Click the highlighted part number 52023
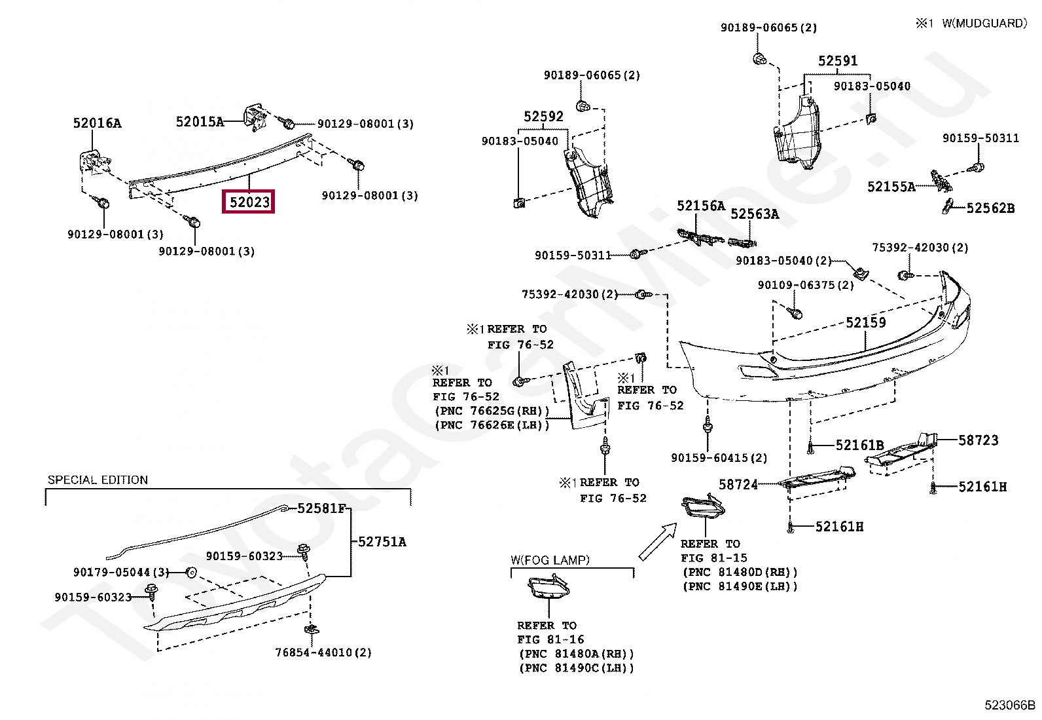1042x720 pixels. [249, 202]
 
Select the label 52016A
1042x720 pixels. [98, 123]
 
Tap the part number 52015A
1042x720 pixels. [200, 122]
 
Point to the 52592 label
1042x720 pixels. [543, 116]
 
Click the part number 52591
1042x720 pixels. [838, 60]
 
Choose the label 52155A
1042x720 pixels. [891, 187]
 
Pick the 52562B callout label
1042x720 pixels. [990, 208]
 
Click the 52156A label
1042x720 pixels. [700, 205]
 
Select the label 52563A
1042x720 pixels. [755, 214]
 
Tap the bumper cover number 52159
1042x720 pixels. [866, 322]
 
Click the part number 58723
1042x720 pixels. [979, 440]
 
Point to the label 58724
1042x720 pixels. [738, 484]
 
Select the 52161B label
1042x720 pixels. [859, 445]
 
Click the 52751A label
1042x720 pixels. [382, 542]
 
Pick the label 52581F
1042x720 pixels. [321, 508]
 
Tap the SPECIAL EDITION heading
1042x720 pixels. [98, 480]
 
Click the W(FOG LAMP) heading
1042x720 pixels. [550, 559]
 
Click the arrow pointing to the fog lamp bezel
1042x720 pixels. [658, 540]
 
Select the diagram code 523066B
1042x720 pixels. [1010, 705]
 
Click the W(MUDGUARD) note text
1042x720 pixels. [984, 24]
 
